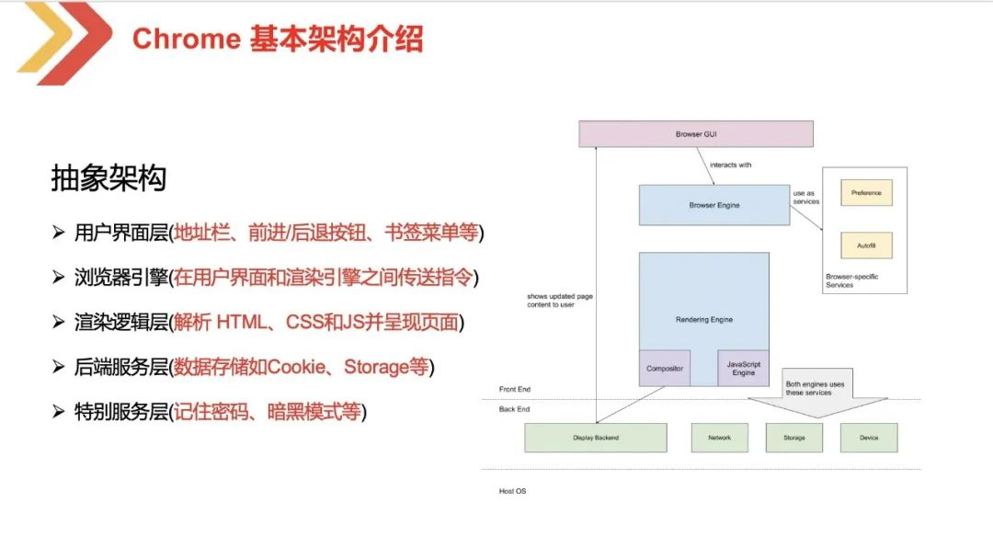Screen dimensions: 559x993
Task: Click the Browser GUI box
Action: (x=696, y=134)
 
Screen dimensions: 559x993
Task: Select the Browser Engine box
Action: (x=713, y=205)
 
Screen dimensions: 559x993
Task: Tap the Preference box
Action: (x=866, y=193)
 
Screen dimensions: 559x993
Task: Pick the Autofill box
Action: (x=866, y=245)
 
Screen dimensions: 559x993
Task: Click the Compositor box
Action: (x=664, y=369)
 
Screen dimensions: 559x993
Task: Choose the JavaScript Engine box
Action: (x=743, y=369)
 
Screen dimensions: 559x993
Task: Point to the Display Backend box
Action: (x=595, y=438)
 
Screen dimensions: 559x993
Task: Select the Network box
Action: (x=719, y=438)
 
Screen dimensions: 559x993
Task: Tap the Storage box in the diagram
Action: (x=793, y=438)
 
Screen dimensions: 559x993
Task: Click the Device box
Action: (x=868, y=438)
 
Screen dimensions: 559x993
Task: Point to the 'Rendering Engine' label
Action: (x=703, y=320)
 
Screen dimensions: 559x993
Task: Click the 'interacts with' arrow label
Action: (x=730, y=165)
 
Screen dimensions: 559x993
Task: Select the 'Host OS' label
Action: (x=512, y=491)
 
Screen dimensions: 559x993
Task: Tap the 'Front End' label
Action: (x=514, y=390)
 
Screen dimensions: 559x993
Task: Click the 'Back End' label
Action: (x=514, y=409)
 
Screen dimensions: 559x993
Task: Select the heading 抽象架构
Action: (x=108, y=178)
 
